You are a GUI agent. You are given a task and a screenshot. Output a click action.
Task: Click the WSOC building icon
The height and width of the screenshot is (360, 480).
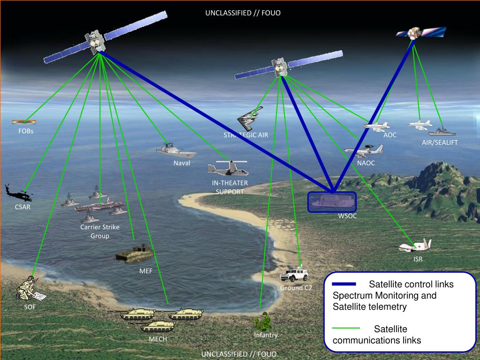332,202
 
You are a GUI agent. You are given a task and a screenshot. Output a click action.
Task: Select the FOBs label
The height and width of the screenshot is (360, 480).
26,131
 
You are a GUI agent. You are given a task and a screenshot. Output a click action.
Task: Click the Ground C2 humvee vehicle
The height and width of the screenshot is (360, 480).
293,275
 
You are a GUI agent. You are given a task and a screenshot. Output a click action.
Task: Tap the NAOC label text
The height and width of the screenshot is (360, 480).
366,164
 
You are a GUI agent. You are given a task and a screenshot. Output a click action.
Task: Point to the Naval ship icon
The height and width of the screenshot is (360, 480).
176,151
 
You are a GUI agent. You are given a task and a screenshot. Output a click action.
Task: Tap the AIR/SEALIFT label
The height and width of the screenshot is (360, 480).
440,142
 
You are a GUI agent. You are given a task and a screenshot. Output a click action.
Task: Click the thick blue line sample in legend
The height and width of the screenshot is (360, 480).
344,285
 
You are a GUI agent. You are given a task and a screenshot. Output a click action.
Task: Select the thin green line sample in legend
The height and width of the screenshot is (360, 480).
346,329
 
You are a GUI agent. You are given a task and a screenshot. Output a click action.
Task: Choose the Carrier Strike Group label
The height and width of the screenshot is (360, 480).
100,232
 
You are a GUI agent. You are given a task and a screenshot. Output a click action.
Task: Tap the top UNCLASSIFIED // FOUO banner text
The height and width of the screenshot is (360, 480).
243,13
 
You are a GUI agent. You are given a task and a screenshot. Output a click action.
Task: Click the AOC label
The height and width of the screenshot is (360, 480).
390,135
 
